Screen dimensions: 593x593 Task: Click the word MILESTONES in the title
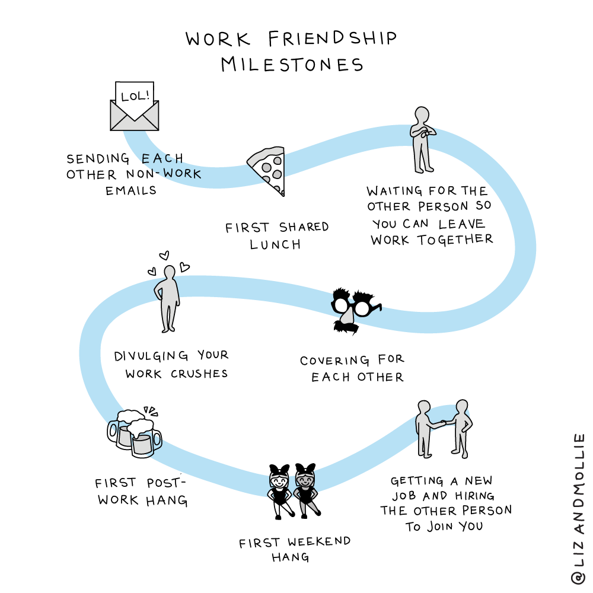pos(292,64)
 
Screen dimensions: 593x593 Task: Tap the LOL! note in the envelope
pos(135,96)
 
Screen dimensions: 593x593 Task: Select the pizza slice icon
pos(268,169)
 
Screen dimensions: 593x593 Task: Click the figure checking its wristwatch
pos(422,139)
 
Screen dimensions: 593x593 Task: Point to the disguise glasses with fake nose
pos(355,308)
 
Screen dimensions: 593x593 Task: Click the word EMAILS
pos(131,191)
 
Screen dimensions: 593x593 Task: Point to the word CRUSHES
pos(199,374)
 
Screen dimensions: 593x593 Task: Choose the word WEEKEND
pos(319,542)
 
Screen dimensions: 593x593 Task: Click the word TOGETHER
pos(455,240)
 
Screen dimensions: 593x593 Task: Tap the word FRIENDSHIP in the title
pos(332,39)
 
